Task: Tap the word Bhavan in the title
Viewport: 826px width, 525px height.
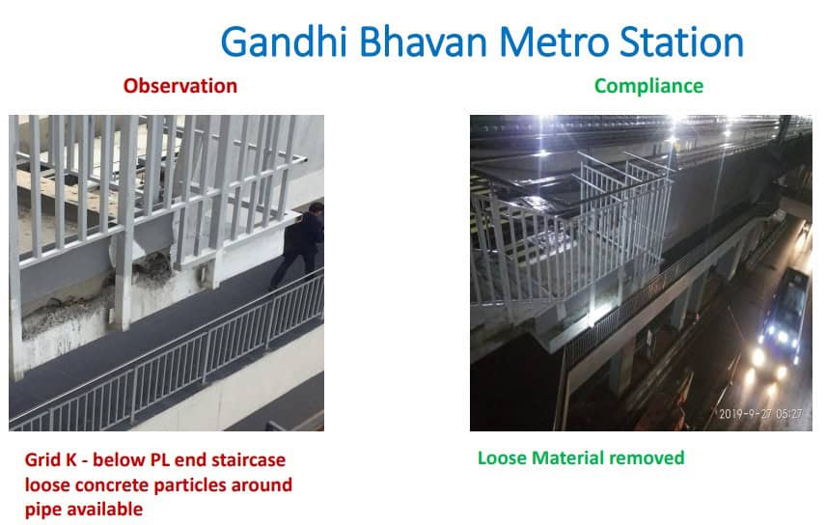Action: coord(423,41)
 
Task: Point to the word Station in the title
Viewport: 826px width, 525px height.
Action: coord(681,41)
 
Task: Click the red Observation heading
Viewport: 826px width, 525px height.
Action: coord(180,86)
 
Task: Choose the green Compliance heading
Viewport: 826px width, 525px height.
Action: coord(648,86)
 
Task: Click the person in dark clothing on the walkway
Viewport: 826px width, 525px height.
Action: coord(299,244)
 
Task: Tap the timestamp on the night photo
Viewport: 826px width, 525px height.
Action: coord(760,414)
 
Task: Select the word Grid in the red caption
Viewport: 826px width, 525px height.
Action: coord(43,459)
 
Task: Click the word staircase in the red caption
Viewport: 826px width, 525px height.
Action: coord(249,459)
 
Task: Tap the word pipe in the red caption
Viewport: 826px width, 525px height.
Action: coord(41,510)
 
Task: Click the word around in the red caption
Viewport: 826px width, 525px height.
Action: coord(262,484)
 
